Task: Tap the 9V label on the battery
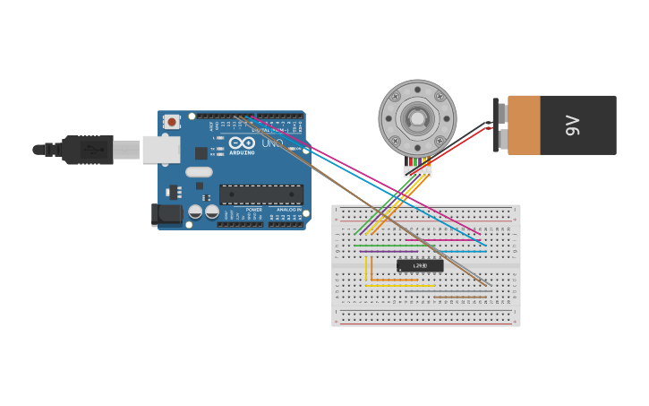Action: tap(573, 125)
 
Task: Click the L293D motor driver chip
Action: tap(420, 265)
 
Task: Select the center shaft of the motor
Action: tap(417, 117)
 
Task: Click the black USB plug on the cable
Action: tap(90, 150)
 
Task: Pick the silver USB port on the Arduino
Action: tap(161, 150)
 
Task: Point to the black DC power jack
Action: tap(167, 213)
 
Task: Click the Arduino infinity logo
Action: tap(242, 143)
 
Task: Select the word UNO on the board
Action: tap(272, 143)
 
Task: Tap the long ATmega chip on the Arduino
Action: tap(261, 194)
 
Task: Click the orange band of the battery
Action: tap(525, 125)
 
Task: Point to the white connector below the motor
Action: tap(417, 171)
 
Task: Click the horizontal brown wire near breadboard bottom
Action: tap(461, 297)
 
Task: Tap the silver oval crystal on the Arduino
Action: tap(199, 172)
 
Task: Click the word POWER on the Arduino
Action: tap(254, 210)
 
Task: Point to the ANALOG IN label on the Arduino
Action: tap(288, 210)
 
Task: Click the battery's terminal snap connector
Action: tap(497, 125)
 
